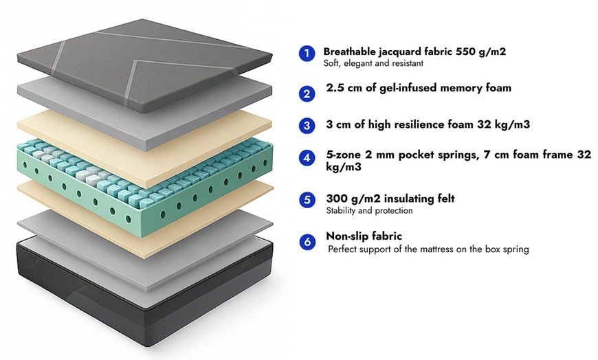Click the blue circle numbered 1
pos(307,54)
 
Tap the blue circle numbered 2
pos(307,93)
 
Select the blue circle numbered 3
pos(307,126)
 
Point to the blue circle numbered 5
pos(307,201)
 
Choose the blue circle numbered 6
pos(307,241)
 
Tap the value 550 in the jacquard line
pos(465,52)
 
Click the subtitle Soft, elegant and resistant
pos(373,63)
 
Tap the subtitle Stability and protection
pos(369,211)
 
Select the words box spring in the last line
pos(505,249)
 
